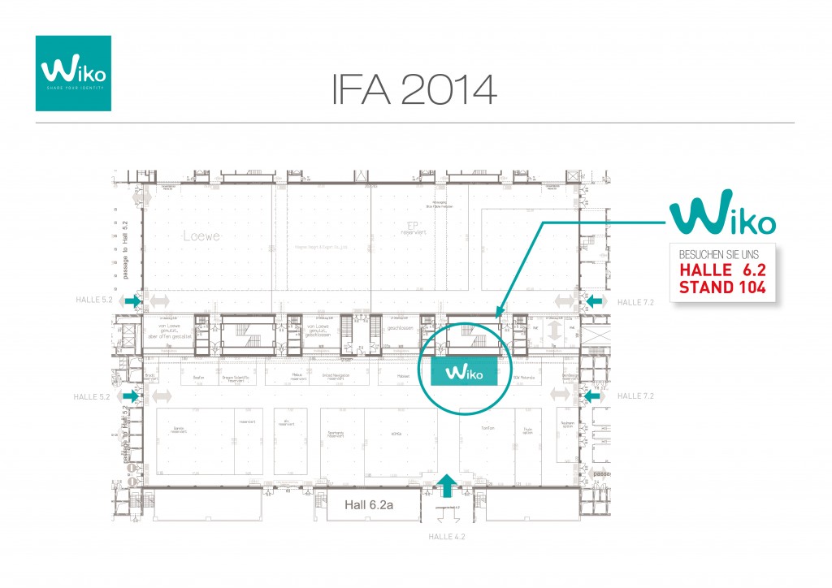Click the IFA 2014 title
414,89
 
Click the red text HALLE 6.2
717,269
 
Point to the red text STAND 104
717,286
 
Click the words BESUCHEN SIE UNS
717,253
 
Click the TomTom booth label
488,428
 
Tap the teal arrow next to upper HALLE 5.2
132,301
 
